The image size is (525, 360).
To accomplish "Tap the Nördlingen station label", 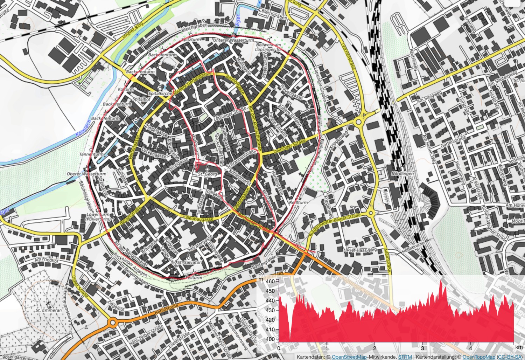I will pos(402,174).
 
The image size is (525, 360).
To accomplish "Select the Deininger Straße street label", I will pos(290,145).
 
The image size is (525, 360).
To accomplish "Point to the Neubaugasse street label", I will pos(200,219).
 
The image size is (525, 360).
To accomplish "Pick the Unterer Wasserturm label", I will pos(233,40).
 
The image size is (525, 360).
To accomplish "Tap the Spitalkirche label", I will pos(160,94).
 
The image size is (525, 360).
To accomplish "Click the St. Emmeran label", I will pos(48,310).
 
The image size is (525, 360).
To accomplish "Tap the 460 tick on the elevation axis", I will pos(270,281).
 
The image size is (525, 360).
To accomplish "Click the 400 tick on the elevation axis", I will pos(270,339).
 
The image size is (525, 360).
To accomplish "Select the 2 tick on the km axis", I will pos(375,348).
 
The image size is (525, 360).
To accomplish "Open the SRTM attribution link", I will pos(405,357).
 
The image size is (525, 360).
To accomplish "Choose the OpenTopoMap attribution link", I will pos(479,357).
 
